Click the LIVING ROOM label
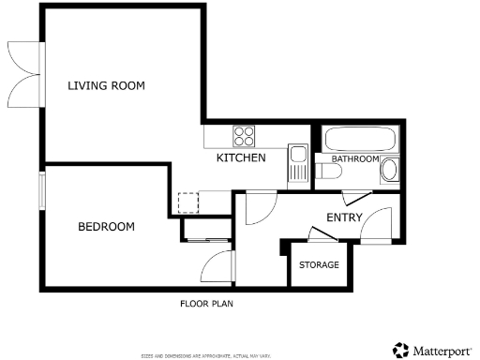106,86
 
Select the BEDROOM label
106,227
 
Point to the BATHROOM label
354,159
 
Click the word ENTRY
343,217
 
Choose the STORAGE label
319,265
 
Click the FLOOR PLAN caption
206,304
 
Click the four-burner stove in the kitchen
245,136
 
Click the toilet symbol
329,172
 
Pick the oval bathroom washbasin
391,171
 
